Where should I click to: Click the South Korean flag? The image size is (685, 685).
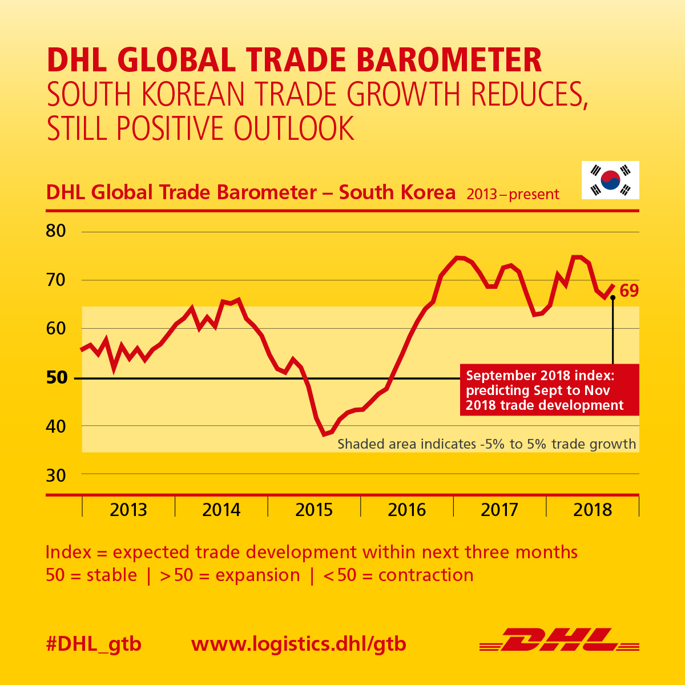610,180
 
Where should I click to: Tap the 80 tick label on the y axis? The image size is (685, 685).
56,231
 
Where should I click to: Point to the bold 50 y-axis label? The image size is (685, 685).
56,377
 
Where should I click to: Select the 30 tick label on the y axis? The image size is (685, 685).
56,475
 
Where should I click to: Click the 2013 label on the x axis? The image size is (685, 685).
128,509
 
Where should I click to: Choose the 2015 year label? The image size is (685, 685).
314,509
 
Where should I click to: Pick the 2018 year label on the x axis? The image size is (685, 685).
593,509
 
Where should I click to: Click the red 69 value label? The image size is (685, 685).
629,291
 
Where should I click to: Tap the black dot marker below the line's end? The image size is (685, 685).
613,297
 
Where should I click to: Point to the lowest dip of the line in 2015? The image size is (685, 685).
324,434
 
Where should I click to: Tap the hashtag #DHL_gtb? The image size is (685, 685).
94,644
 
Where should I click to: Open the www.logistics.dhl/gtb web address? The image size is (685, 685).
299,644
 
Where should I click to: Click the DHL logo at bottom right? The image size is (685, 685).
559,640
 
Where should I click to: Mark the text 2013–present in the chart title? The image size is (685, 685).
513,195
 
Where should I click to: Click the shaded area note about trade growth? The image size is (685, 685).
486,444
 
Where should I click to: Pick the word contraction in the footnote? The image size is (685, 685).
426,575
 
